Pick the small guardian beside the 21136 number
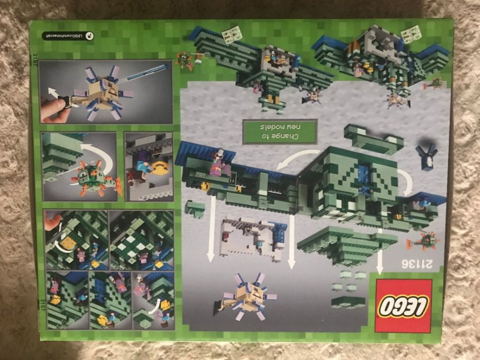[x=424, y=241]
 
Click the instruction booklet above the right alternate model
[x=412, y=34]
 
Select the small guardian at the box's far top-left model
[x=184, y=60]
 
